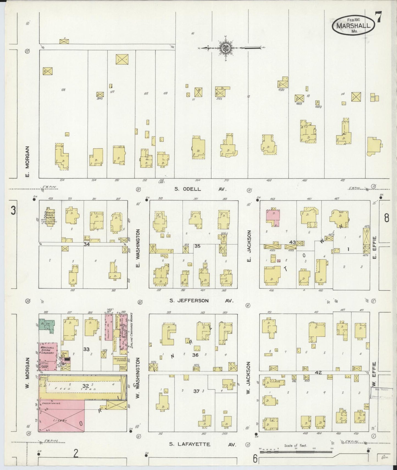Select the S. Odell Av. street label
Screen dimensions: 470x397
coord(200,189)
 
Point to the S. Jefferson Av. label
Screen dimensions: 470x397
coord(201,301)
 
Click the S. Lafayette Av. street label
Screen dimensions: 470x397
coord(202,444)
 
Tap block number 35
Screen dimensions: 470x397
coord(197,246)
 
